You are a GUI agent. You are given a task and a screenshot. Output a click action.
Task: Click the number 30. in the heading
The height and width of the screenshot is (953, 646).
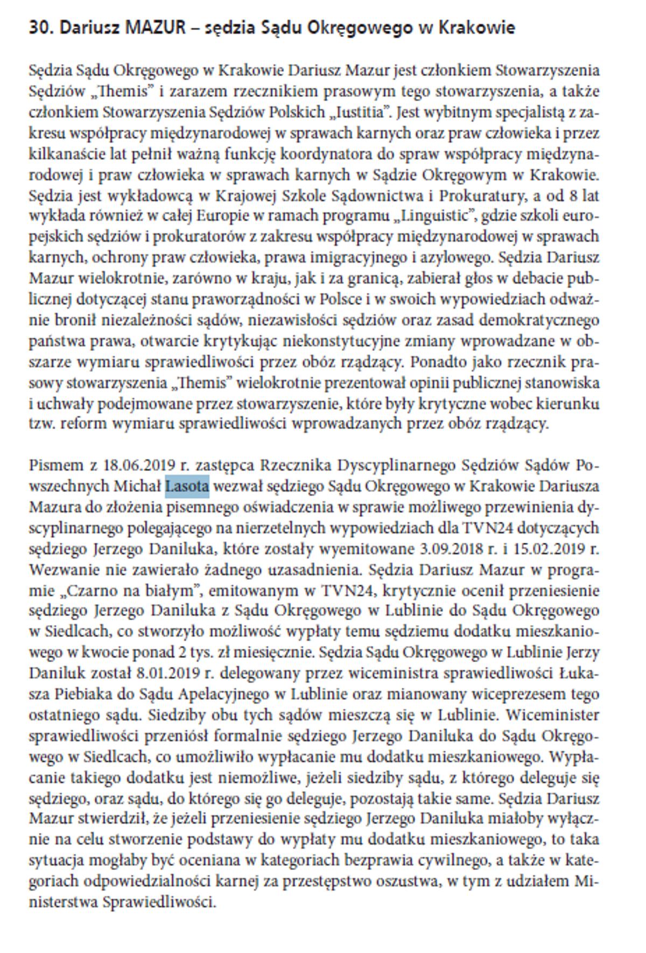40,27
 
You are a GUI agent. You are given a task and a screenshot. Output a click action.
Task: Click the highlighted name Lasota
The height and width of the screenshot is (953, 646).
187,486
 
